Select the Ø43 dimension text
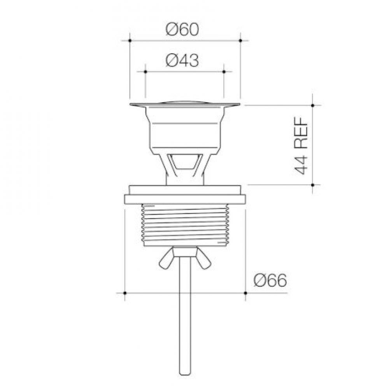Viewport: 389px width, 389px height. pos(182,60)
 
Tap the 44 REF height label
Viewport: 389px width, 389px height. pos(301,145)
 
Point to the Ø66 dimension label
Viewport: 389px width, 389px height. pos(270,280)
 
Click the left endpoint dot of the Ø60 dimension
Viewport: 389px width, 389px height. pos(130,40)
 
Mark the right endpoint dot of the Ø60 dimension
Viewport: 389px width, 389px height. pos(240,40)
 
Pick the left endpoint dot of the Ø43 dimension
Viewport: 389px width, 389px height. pos(145,72)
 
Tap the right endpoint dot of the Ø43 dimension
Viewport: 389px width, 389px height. pos(224,72)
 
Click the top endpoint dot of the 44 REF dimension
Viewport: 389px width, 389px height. pos(313,105)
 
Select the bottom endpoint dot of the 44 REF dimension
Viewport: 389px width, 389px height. pos(313,185)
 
